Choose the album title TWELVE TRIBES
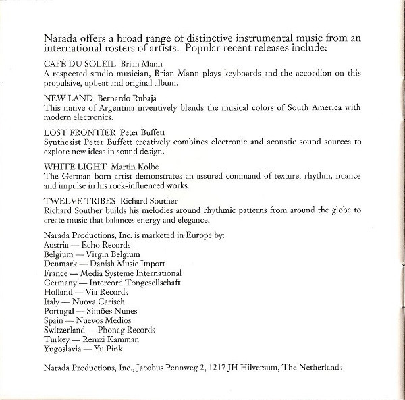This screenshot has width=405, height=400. point(77,200)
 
